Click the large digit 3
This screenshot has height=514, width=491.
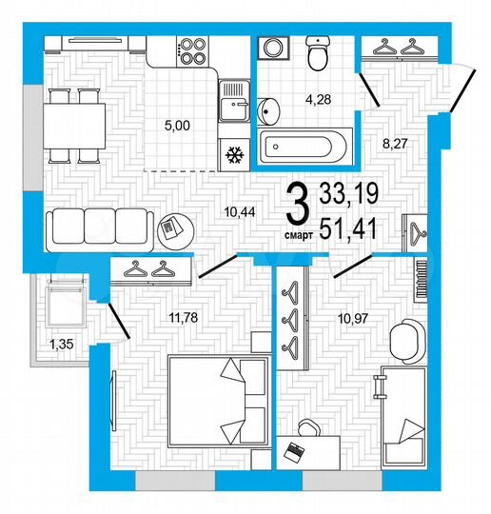click(298, 203)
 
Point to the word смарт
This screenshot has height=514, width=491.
click(298, 231)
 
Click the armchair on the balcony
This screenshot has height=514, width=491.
click(59, 305)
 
